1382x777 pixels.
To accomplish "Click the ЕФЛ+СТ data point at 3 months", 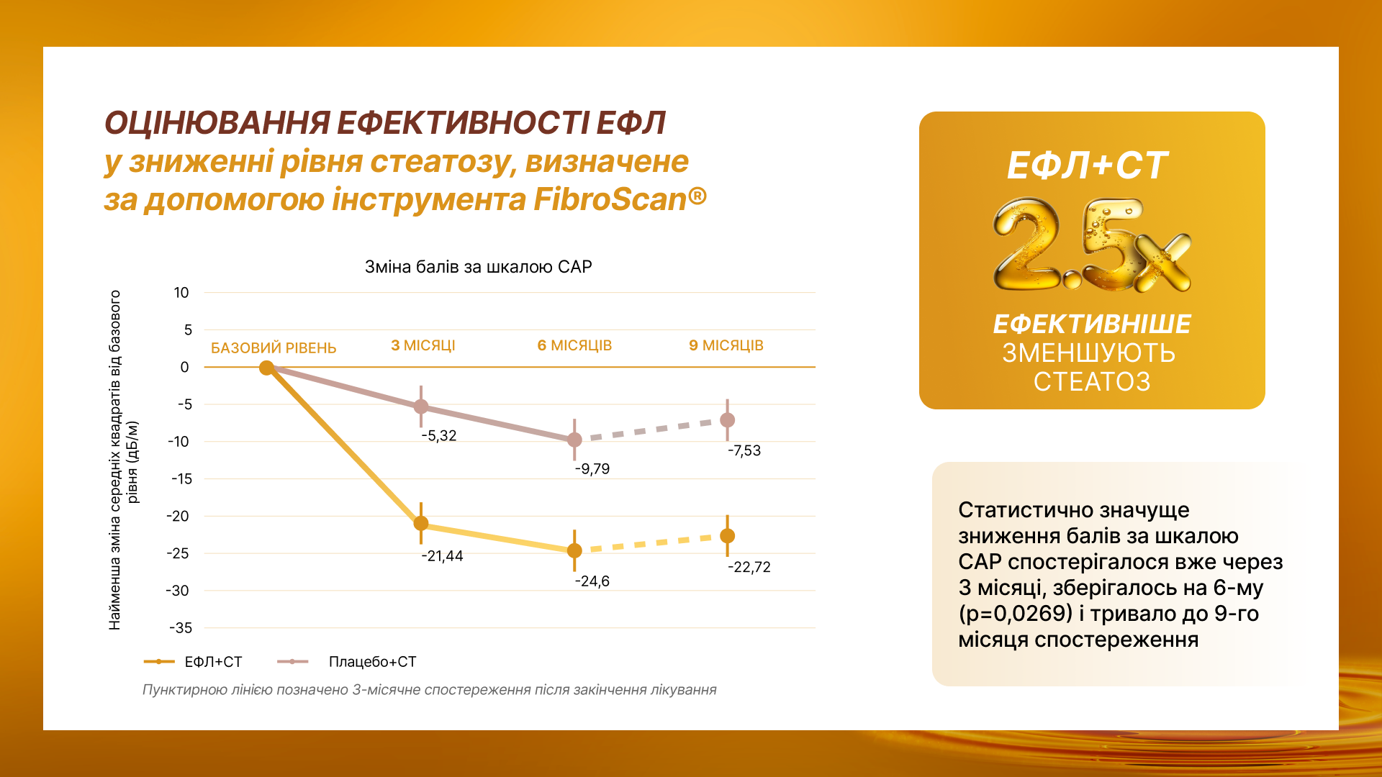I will (421, 523).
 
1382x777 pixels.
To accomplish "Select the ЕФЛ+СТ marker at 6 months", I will (574, 550).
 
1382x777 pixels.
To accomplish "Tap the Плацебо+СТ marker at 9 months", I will (728, 420).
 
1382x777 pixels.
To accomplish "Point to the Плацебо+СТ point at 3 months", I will (421, 406).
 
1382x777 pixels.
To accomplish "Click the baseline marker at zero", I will (266, 368).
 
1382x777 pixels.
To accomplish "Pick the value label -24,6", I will (592, 581).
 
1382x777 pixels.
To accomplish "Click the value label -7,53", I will (744, 451).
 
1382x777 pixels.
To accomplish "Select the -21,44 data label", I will (442, 556).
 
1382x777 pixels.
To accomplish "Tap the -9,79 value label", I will (592, 469).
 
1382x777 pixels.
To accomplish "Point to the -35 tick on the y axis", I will (181, 628).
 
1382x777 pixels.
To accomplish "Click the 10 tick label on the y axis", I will (181, 293).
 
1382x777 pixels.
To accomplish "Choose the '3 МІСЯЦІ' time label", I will (423, 345).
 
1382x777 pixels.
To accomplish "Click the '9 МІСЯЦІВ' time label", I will (726, 345).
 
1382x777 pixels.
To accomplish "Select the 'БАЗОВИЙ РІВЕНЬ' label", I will (274, 348).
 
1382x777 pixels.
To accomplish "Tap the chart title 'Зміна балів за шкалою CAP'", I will (478, 267).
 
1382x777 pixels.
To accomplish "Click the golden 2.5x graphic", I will (1091, 246).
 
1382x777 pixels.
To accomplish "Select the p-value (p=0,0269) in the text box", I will (1016, 614).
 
